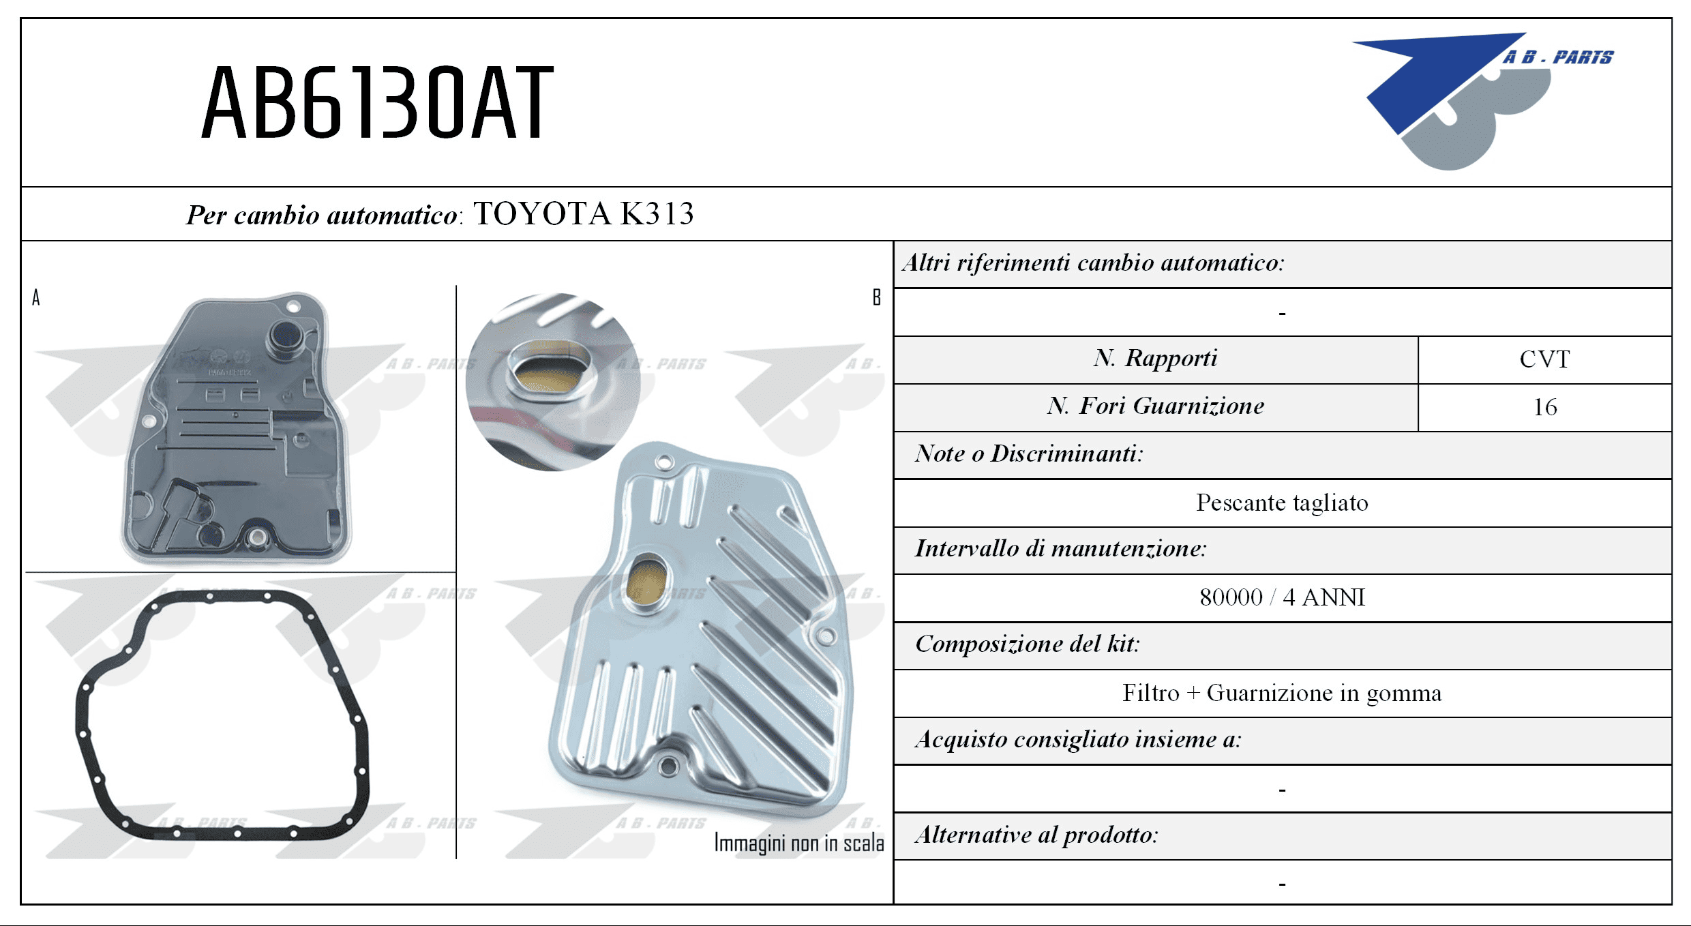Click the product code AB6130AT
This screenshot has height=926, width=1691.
377,102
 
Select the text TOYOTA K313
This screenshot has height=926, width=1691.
584,213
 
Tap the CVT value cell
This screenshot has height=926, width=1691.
1544,359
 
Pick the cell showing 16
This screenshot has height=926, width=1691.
1544,407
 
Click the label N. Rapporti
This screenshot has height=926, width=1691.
1156,358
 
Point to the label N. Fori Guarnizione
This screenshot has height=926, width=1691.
1156,406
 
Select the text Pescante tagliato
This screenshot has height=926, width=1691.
1282,503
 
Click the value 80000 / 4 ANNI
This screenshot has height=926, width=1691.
1282,597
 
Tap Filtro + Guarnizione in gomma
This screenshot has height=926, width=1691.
1282,693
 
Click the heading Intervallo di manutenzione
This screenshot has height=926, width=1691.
1060,548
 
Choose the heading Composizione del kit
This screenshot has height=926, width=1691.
1027,644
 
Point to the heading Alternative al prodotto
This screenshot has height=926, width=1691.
1036,835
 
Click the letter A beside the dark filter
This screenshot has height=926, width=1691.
36,297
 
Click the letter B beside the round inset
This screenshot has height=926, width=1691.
876,297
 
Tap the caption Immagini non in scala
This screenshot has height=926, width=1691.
798,843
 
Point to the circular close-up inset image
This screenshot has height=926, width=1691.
553,382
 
